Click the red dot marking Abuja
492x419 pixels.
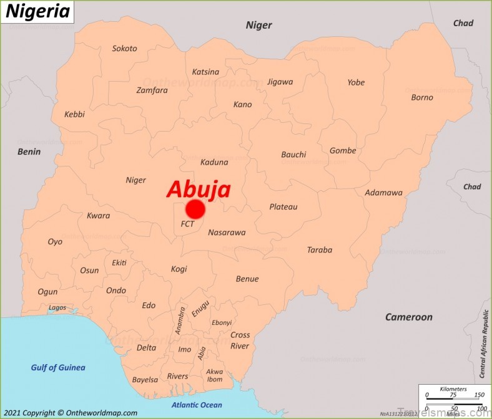pos(195,209)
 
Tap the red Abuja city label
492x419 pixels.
pos(199,189)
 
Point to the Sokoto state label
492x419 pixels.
pos(124,49)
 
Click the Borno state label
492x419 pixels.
pos(422,97)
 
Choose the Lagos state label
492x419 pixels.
pos(57,307)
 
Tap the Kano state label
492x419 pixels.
pos(242,104)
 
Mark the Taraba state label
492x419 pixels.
pos(319,250)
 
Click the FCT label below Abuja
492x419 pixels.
pos(187,224)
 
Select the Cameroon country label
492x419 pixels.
pos(408,317)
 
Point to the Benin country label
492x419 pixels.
pos(29,152)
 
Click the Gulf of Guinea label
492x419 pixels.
pos(58,367)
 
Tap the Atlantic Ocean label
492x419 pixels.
pos(197,405)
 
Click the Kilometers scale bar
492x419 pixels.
pos(453,394)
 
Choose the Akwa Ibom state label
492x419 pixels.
pos(214,375)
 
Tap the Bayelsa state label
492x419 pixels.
pos(145,379)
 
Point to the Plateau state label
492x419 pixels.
pos(283,206)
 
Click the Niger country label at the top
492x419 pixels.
pos(258,25)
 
